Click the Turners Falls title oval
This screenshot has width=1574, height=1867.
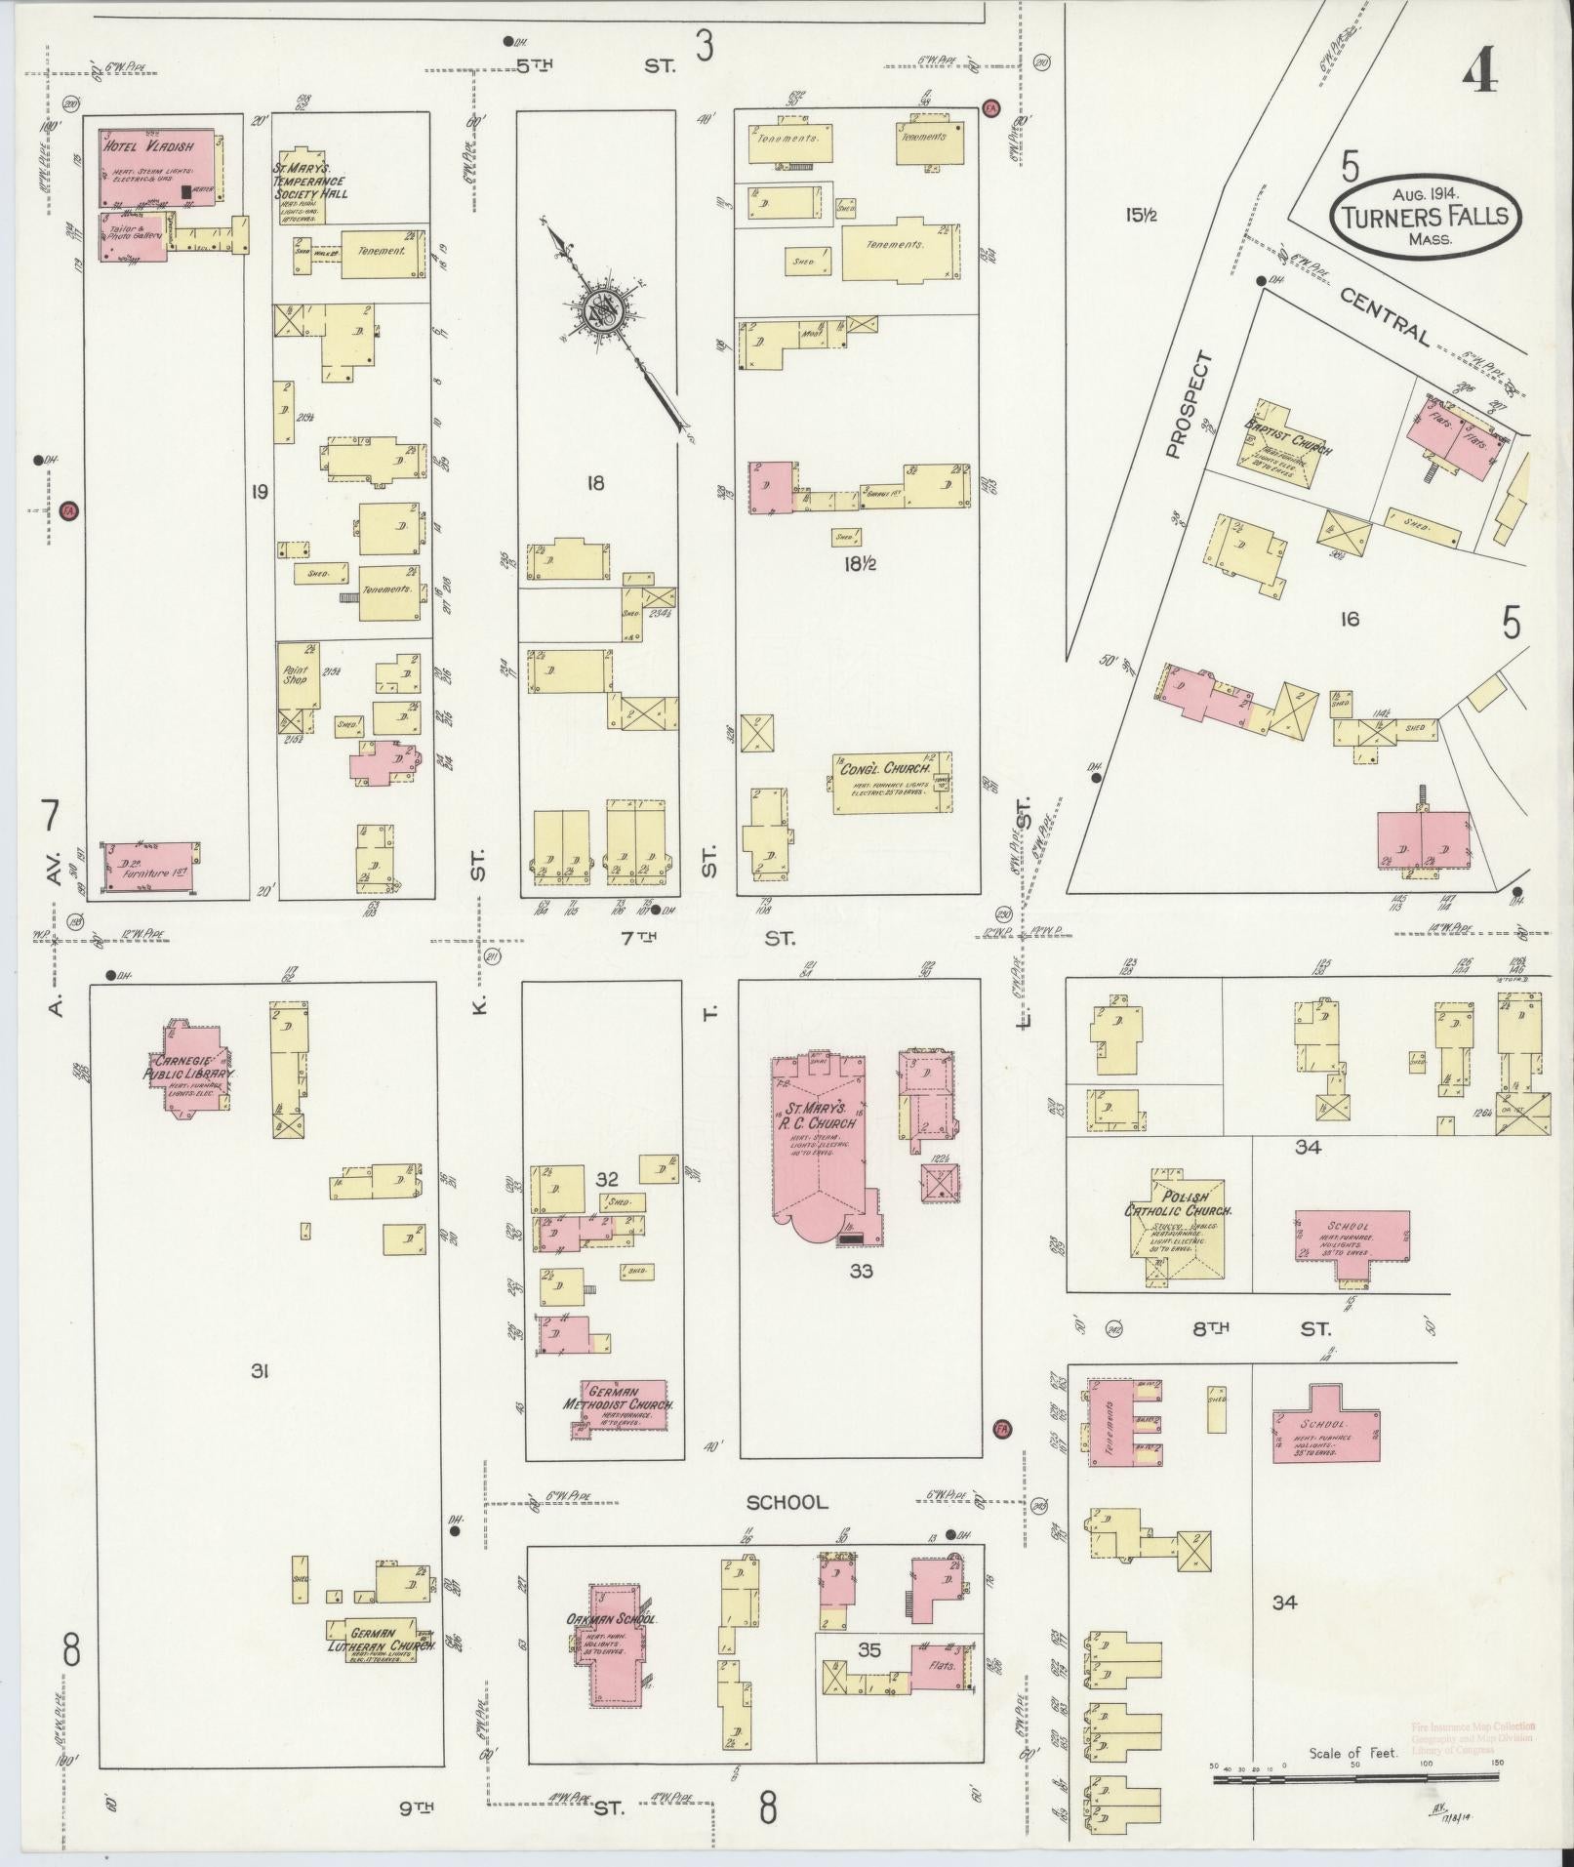pos(1424,217)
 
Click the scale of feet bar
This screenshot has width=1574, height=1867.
pos(1356,1779)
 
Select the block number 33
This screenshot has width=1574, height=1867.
pos(861,1271)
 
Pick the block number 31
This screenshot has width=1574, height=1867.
pos(260,1372)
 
